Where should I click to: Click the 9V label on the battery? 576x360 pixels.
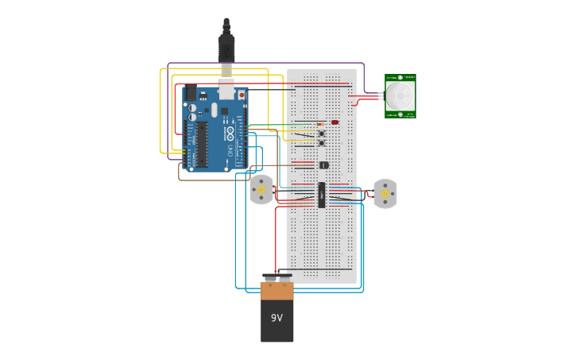click(x=276, y=318)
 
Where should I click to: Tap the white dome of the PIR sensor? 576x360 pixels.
click(x=400, y=96)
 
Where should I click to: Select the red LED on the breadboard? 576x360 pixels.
click(x=335, y=122)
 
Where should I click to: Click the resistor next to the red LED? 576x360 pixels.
click(x=320, y=124)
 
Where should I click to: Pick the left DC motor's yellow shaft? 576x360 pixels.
click(x=261, y=190)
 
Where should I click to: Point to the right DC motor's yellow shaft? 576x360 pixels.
click(x=385, y=193)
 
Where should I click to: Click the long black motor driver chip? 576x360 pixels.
click(x=322, y=195)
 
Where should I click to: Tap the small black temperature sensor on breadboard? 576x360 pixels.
click(x=323, y=165)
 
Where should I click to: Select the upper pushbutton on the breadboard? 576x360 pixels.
click(x=321, y=134)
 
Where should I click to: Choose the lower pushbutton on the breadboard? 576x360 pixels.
click(x=321, y=143)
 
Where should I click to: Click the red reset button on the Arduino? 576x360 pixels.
click(x=242, y=95)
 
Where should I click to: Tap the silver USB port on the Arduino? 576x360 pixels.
click(x=227, y=90)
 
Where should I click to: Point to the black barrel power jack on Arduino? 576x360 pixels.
click(x=191, y=93)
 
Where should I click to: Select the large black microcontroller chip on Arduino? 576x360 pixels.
click(x=203, y=145)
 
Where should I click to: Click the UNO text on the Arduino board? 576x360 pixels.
click(x=230, y=149)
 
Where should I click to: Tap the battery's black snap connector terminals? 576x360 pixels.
click(x=276, y=277)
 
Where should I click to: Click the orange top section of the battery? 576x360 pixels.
click(x=276, y=291)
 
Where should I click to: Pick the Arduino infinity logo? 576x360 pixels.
click(x=230, y=132)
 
